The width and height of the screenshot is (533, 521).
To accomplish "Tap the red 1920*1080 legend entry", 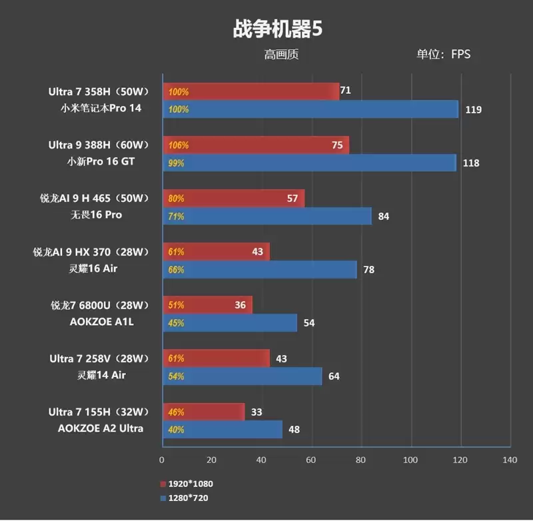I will point(187,484).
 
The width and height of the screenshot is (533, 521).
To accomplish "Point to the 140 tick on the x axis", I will point(510,460).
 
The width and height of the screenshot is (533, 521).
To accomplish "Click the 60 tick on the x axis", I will point(311,460).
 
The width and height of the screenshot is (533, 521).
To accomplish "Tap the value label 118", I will point(471,163).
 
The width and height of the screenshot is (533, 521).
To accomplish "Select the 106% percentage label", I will point(178,145).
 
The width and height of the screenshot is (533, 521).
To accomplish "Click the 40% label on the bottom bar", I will point(177,430).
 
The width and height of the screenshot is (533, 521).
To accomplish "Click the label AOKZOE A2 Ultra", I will point(101,428).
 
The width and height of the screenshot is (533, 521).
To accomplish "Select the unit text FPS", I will point(460,55).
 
